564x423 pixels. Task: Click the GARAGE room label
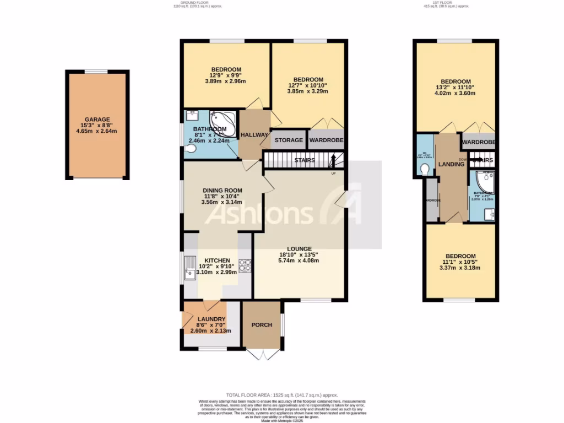click(x=97, y=120)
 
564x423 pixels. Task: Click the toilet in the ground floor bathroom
click(x=191, y=148)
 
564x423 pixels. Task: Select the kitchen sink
click(x=190, y=268)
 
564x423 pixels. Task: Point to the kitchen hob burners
click(x=245, y=267)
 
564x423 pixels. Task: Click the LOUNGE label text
click(x=299, y=248)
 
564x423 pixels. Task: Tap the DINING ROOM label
click(x=222, y=191)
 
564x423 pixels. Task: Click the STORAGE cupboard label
click(x=289, y=140)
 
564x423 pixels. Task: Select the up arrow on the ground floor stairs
click(x=333, y=161)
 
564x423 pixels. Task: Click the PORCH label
click(x=262, y=324)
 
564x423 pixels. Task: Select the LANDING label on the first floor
click(x=451, y=165)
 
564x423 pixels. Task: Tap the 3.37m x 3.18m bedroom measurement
click(x=460, y=268)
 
